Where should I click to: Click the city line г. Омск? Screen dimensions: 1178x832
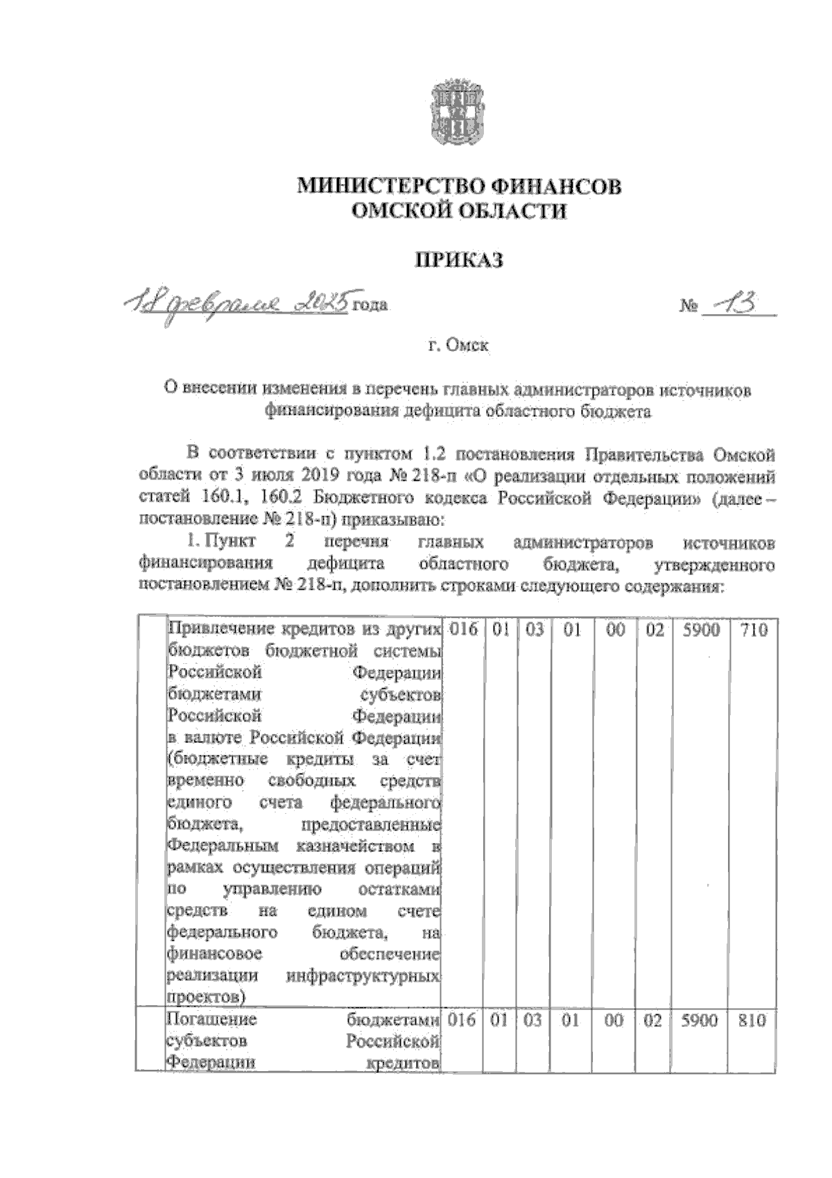[x=458, y=345]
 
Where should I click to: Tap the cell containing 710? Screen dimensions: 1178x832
[x=752, y=631]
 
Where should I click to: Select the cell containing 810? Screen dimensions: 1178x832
[x=752, y=1021]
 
